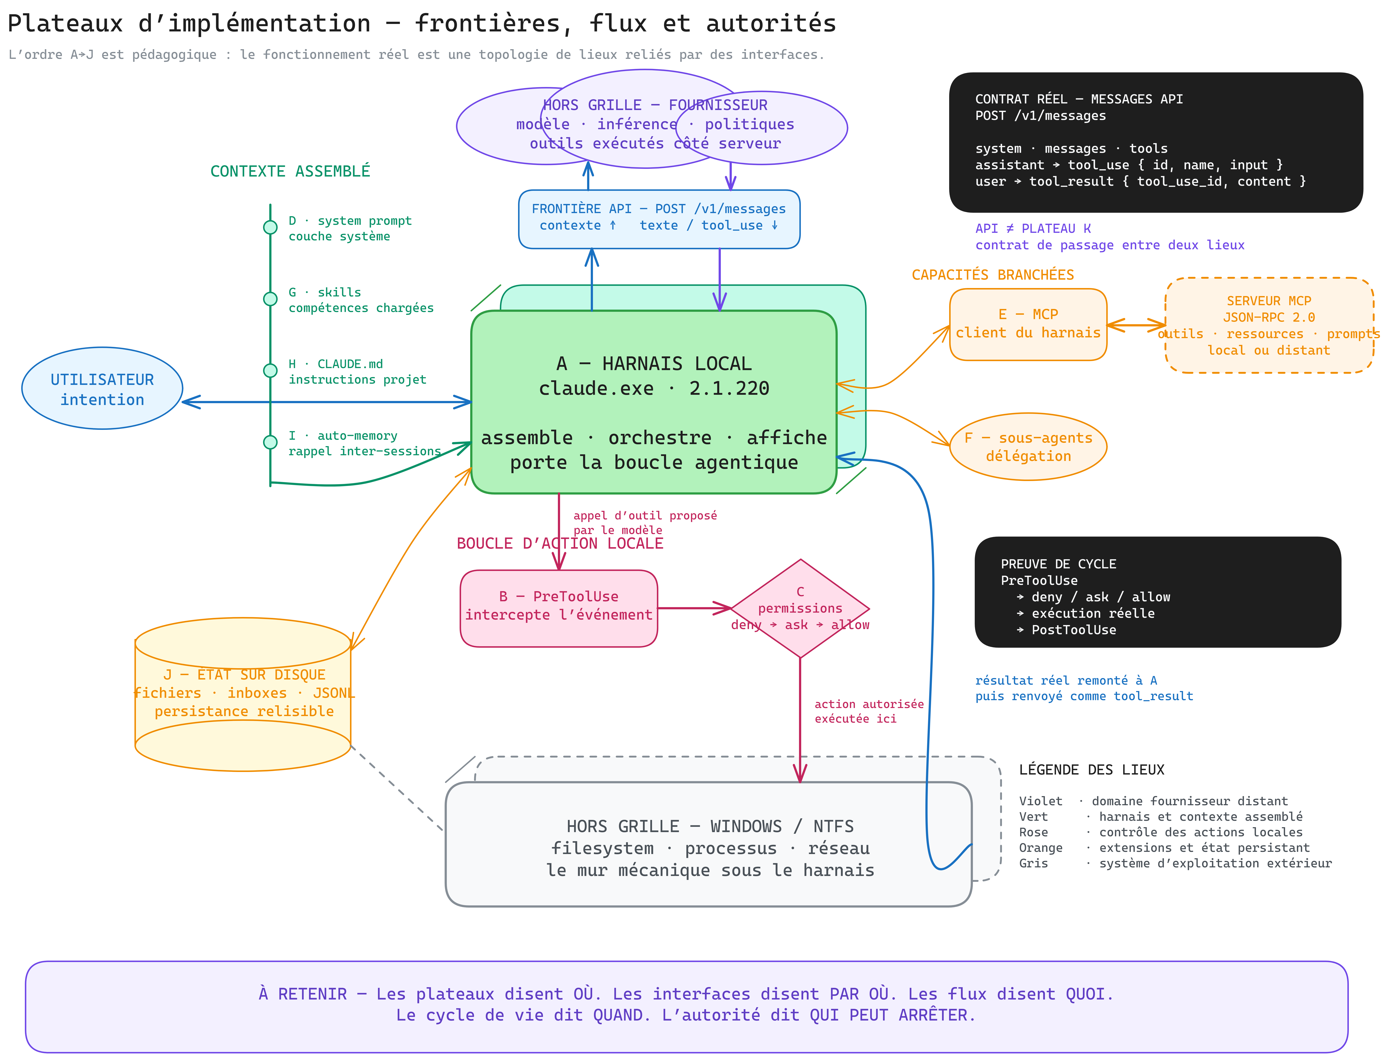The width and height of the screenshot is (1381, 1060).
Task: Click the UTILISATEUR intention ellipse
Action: [x=102, y=388]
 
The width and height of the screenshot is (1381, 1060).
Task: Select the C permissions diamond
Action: [x=800, y=608]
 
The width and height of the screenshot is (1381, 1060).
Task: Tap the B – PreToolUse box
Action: [x=559, y=608]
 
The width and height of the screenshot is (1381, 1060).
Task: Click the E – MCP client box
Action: [x=1028, y=324]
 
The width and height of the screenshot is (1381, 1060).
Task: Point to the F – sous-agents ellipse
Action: [x=1028, y=447]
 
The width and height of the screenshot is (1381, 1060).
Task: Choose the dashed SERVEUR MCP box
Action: [x=1269, y=325]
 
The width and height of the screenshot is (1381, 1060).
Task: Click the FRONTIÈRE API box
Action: [x=659, y=219]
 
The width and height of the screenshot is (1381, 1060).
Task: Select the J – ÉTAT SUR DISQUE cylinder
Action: [x=243, y=694]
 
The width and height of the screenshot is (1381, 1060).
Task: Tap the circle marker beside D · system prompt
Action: [x=270, y=227]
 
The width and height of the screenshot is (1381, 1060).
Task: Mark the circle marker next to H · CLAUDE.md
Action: [x=270, y=370]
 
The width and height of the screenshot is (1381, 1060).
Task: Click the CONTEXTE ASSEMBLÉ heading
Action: [x=290, y=171]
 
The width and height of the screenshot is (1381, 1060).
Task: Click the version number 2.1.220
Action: [x=729, y=388]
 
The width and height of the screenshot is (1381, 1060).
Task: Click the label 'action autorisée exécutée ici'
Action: [x=869, y=711]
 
